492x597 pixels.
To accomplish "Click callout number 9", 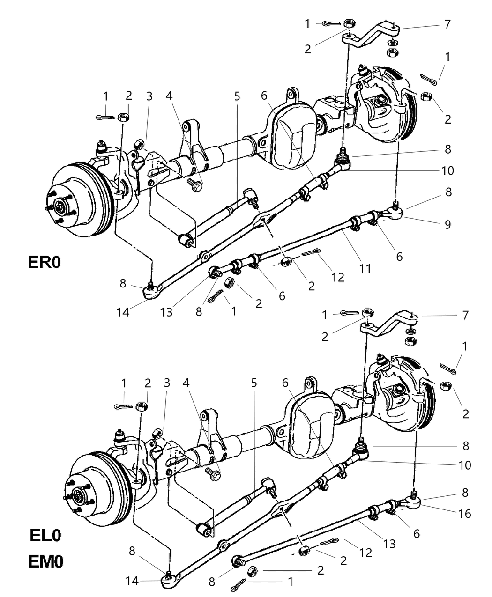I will (447, 224).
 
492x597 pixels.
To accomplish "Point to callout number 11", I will (365, 268).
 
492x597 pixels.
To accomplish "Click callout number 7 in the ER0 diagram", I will (447, 24).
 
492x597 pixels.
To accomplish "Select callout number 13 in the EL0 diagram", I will (389, 544).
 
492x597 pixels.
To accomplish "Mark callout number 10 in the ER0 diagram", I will (447, 170).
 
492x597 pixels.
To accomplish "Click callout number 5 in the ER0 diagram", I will (237, 96).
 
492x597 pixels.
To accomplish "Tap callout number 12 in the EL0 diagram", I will (366, 553).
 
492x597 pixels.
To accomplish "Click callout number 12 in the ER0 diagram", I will (337, 277).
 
